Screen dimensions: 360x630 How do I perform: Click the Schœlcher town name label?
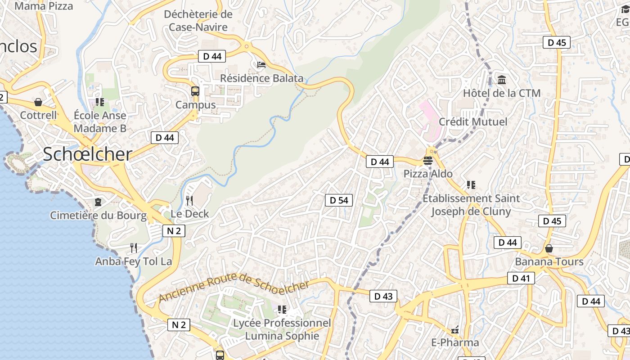87,154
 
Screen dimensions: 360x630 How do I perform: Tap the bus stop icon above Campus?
195,91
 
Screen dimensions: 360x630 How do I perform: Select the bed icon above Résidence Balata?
261,65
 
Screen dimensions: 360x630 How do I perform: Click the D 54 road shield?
339,200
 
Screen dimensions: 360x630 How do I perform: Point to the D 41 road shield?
521,278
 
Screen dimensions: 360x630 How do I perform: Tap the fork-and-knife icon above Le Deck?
190,200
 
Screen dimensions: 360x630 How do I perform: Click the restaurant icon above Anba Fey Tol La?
133,247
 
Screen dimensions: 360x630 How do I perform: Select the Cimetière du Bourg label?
98,215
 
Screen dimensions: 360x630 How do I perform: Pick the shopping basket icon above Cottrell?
38,102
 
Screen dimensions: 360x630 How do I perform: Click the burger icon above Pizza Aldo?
427,160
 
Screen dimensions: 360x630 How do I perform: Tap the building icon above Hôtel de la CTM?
502,80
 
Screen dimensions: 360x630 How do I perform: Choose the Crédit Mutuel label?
473,121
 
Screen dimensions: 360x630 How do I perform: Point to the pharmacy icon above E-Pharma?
455,330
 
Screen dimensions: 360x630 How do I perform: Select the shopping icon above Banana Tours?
549,248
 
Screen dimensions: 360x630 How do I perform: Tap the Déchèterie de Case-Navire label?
198,21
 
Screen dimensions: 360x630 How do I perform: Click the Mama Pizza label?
44,6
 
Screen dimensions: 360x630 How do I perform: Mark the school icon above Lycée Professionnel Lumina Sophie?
282,310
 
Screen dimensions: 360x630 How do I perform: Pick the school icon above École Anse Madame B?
100,102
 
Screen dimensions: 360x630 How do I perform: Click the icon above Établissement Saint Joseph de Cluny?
471,184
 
